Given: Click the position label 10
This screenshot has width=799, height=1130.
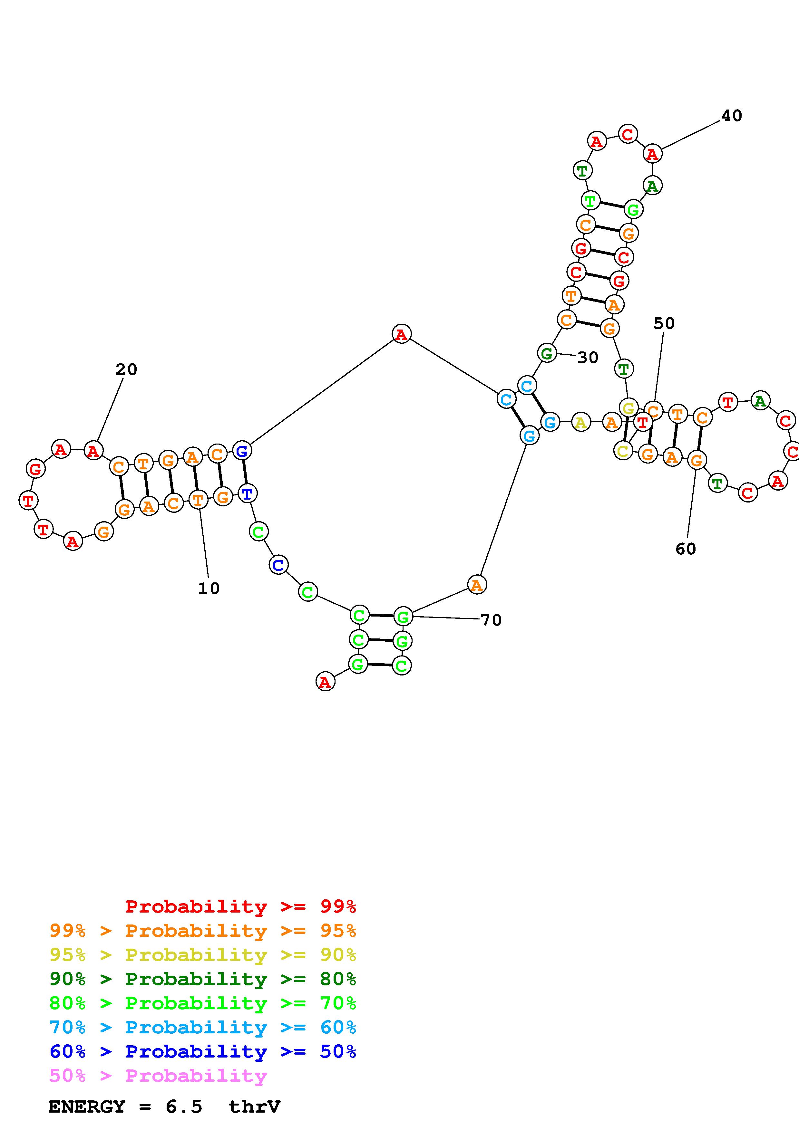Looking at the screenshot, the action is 209,588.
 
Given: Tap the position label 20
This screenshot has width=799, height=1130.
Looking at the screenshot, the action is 126,369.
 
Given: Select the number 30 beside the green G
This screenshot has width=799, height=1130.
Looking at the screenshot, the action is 588,358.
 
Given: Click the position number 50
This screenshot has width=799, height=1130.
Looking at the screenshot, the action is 664,324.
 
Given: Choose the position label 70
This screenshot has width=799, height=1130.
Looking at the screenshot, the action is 491,620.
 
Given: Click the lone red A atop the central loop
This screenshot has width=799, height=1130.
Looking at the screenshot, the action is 401,334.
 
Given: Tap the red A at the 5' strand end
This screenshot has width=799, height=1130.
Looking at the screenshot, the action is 325,682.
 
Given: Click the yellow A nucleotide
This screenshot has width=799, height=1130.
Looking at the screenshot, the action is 581,422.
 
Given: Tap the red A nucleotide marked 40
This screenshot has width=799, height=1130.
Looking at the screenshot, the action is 652,154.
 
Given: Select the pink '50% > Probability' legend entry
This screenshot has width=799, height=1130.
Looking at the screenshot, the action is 158,1075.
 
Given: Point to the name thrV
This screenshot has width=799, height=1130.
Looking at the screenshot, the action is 255,1106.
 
